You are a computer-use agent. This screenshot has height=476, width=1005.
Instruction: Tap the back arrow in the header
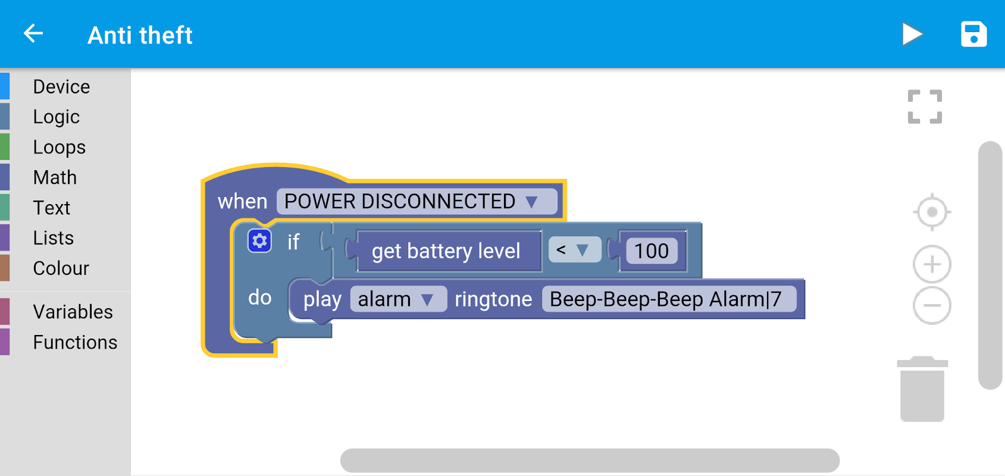point(34,34)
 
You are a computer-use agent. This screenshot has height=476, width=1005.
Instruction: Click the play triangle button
point(912,34)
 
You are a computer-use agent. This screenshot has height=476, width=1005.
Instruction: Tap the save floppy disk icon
point(973,34)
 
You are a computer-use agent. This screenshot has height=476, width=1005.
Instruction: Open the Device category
point(61,87)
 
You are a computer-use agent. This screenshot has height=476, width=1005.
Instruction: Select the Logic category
point(57,117)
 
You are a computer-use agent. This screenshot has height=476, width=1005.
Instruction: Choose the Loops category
point(60,148)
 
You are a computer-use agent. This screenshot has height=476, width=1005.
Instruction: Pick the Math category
point(55,178)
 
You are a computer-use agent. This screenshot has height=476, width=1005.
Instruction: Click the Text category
point(52,208)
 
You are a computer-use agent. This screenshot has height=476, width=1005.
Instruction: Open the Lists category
point(54,239)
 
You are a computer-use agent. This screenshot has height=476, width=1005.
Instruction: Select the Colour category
point(61,269)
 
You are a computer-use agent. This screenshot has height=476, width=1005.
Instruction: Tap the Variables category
point(73,312)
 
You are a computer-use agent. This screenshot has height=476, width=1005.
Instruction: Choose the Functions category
point(75,343)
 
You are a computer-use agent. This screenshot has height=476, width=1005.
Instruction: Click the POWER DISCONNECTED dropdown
point(417,202)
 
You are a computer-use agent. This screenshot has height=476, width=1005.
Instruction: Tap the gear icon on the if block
point(259,241)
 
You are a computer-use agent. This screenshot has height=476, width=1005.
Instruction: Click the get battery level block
point(446,251)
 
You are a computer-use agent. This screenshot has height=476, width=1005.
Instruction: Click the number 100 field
point(652,251)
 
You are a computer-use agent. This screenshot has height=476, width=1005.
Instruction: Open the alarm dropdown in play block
point(398,299)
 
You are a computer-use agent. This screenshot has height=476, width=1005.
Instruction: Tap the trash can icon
point(922,389)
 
